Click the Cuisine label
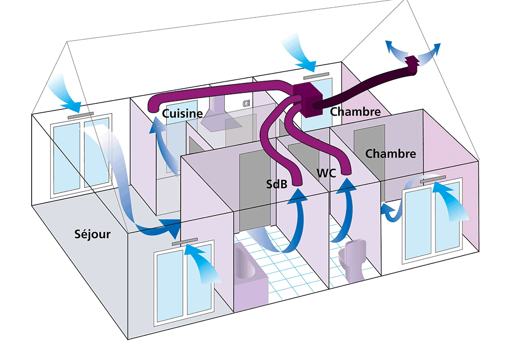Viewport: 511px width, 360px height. pyautogui.click(x=183, y=114)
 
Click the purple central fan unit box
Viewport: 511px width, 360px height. pyautogui.click(x=308, y=98)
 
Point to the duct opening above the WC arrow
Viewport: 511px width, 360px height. pyautogui.click(x=346, y=174)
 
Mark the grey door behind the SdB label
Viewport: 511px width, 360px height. pyautogui.click(x=254, y=189)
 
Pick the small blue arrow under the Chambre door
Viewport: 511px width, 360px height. pyautogui.click(x=391, y=212)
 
